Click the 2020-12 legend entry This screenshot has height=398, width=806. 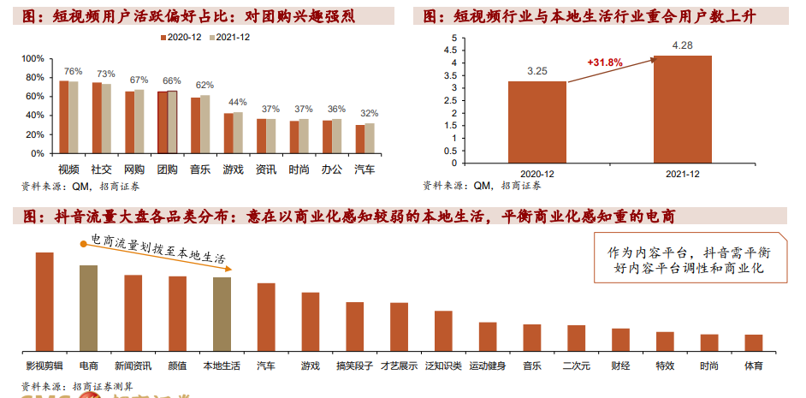pos(182,38)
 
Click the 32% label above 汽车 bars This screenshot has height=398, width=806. pos(369,114)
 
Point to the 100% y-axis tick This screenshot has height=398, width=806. pos(32,58)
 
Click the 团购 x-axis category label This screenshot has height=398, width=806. pos(168,169)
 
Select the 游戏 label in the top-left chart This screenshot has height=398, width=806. pos(234,169)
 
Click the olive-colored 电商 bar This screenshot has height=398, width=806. pos(89,308)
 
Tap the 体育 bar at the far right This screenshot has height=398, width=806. pos(753,342)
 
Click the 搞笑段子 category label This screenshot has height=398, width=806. pos(355,366)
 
